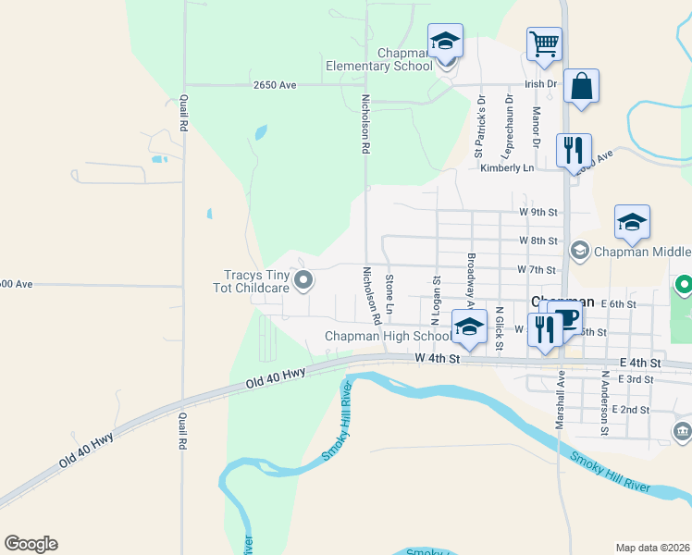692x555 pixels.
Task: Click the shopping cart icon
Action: click(x=544, y=43)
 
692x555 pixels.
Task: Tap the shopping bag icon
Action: click(x=581, y=86)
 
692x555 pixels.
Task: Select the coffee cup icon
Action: click(x=566, y=318)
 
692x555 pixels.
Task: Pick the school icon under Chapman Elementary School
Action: click(x=445, y=43)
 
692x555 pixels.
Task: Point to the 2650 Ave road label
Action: click(x=274, y=85)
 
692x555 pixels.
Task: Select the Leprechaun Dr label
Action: click(x=508, y=123)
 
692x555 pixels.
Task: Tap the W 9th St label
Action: click(x=538, y=212)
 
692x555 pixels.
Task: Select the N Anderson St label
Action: click(x=604, y=404)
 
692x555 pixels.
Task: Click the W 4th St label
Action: click(x=438, y=358)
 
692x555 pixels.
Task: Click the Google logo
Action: click(x=31, y=544)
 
